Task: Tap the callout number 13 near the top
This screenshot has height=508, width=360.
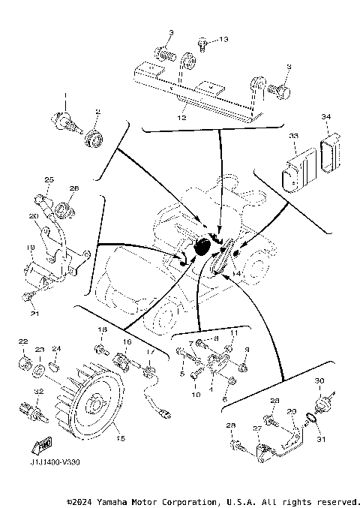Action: click(223, 38)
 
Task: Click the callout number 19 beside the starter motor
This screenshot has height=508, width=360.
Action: click(31, 247)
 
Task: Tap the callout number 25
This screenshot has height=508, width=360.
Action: click(48, 179)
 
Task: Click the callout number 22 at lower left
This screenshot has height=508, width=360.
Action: click(22, 342)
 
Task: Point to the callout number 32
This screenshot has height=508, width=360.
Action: click(38, 392)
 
